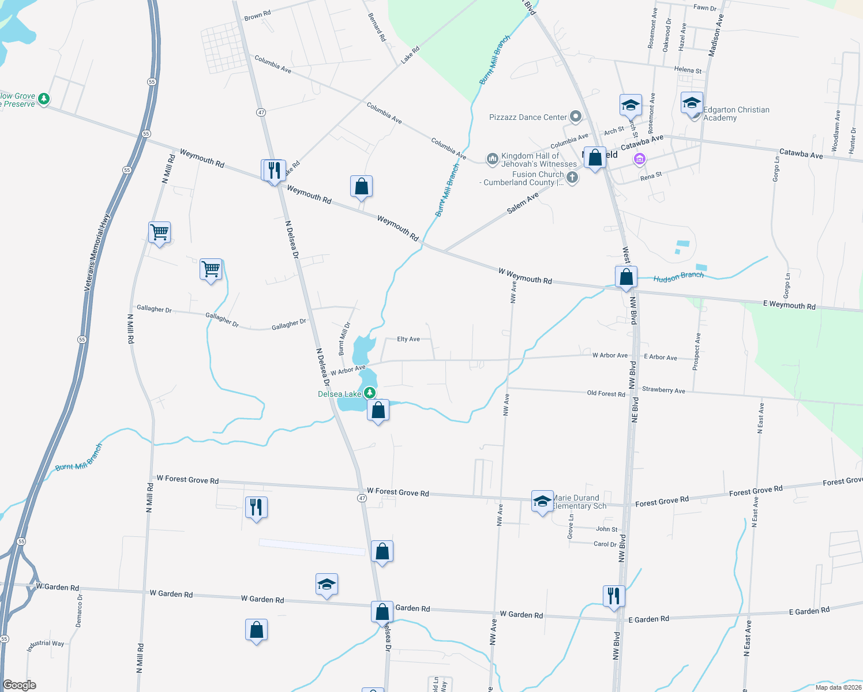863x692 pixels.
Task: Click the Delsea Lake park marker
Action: (x=370, y=393)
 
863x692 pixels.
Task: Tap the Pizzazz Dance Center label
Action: (x=528, y=117)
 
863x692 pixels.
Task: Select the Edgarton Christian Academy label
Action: (x=736, y=114)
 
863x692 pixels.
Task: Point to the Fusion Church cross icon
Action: (x=572, y=178)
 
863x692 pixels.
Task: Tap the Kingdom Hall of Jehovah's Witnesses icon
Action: (x=492, y=159)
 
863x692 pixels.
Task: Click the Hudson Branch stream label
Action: (x=678, y=277)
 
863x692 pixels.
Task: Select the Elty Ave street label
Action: (x=408, y=339)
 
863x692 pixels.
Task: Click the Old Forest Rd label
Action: (x=606, y=394)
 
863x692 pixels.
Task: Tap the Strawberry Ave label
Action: (x=663, y=390)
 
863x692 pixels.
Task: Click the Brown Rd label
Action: (x=257, y=16)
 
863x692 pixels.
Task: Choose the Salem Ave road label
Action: (x=523, y=203)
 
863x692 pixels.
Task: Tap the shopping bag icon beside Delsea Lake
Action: (x=378, y=411)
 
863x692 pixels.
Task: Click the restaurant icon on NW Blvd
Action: (x=614, y=596)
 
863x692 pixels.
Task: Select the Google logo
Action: (x=20, y=685)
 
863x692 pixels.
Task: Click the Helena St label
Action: (x=688, y=70)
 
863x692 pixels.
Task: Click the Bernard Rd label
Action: (x=377, y=27)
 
